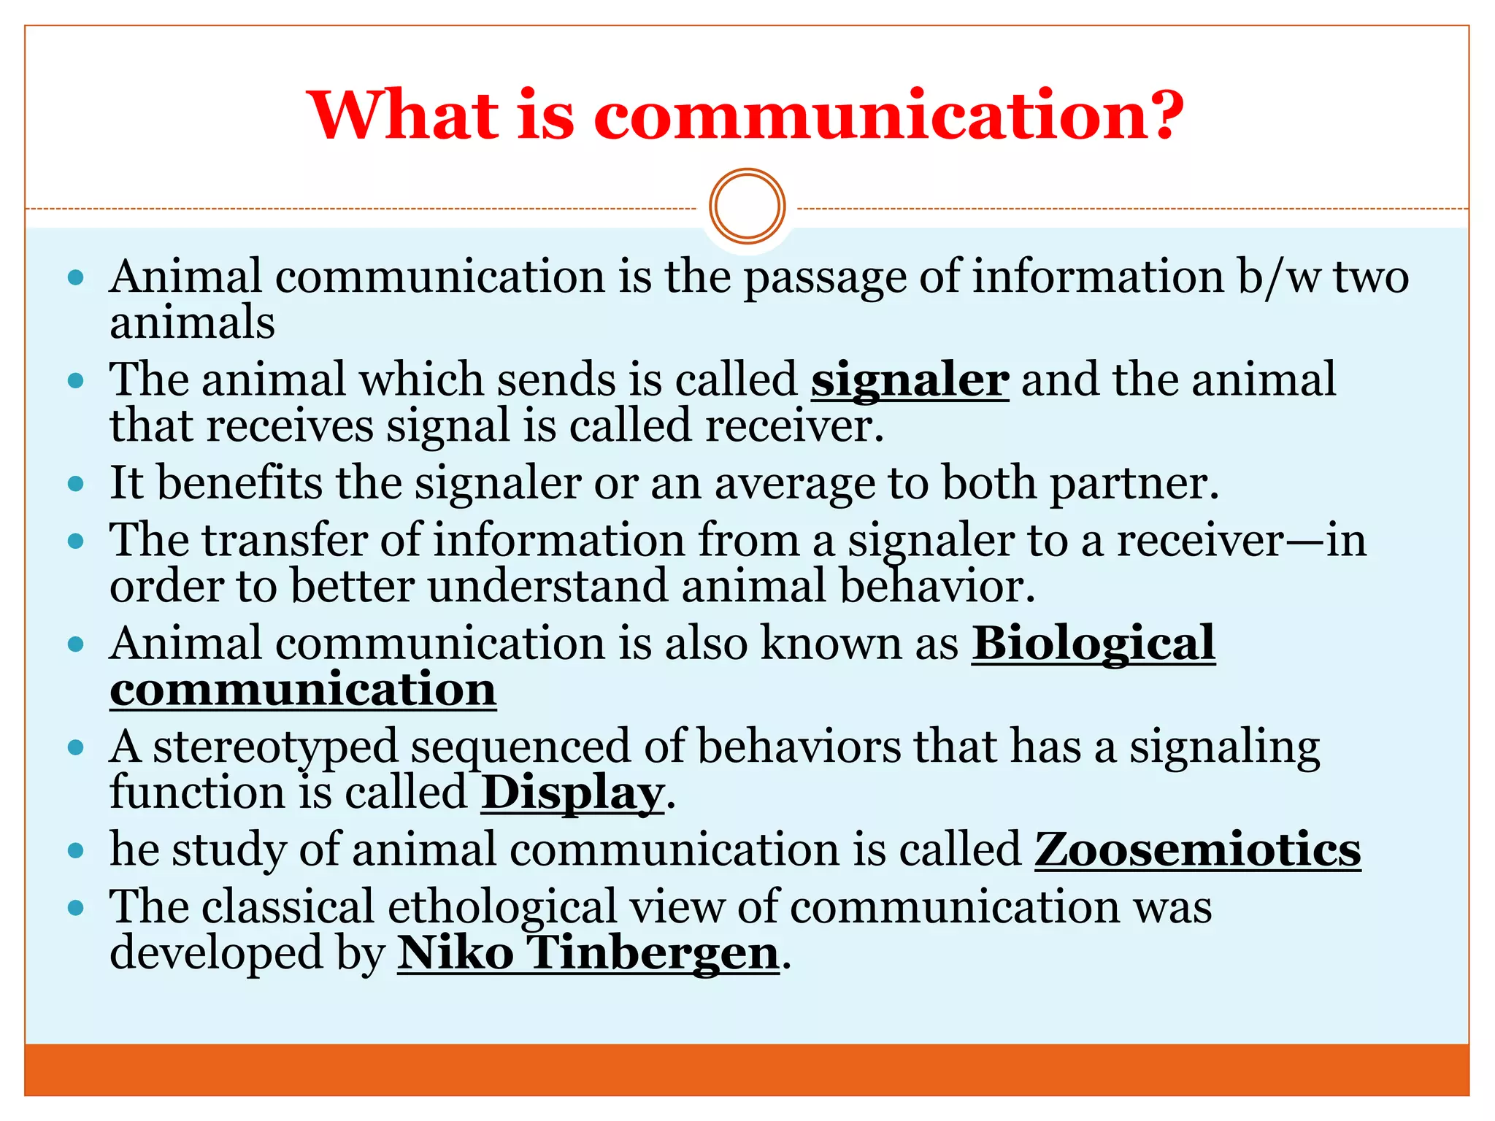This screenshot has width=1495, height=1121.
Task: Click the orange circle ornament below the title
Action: click(747, 207)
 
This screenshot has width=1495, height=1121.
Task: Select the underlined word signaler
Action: click(910, 380)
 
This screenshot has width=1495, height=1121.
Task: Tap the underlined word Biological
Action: click(1093, 644)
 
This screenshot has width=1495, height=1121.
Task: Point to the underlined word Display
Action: click(572, 793)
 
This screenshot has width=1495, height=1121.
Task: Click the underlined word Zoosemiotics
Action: click(1197, 850)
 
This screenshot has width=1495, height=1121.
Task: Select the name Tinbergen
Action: click(653, 953)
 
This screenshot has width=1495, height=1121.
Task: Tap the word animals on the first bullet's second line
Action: click(192, 323)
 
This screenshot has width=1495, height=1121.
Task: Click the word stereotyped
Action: click(275, 747)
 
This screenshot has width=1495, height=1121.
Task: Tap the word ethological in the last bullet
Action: click(502, 907)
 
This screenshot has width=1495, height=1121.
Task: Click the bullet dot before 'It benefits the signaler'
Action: click(76, 484)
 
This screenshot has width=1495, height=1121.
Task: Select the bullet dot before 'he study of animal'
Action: click(76, 850)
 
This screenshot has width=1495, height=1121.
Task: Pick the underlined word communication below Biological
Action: click(303, 690)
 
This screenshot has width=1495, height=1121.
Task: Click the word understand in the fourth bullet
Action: click(547, 587)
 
